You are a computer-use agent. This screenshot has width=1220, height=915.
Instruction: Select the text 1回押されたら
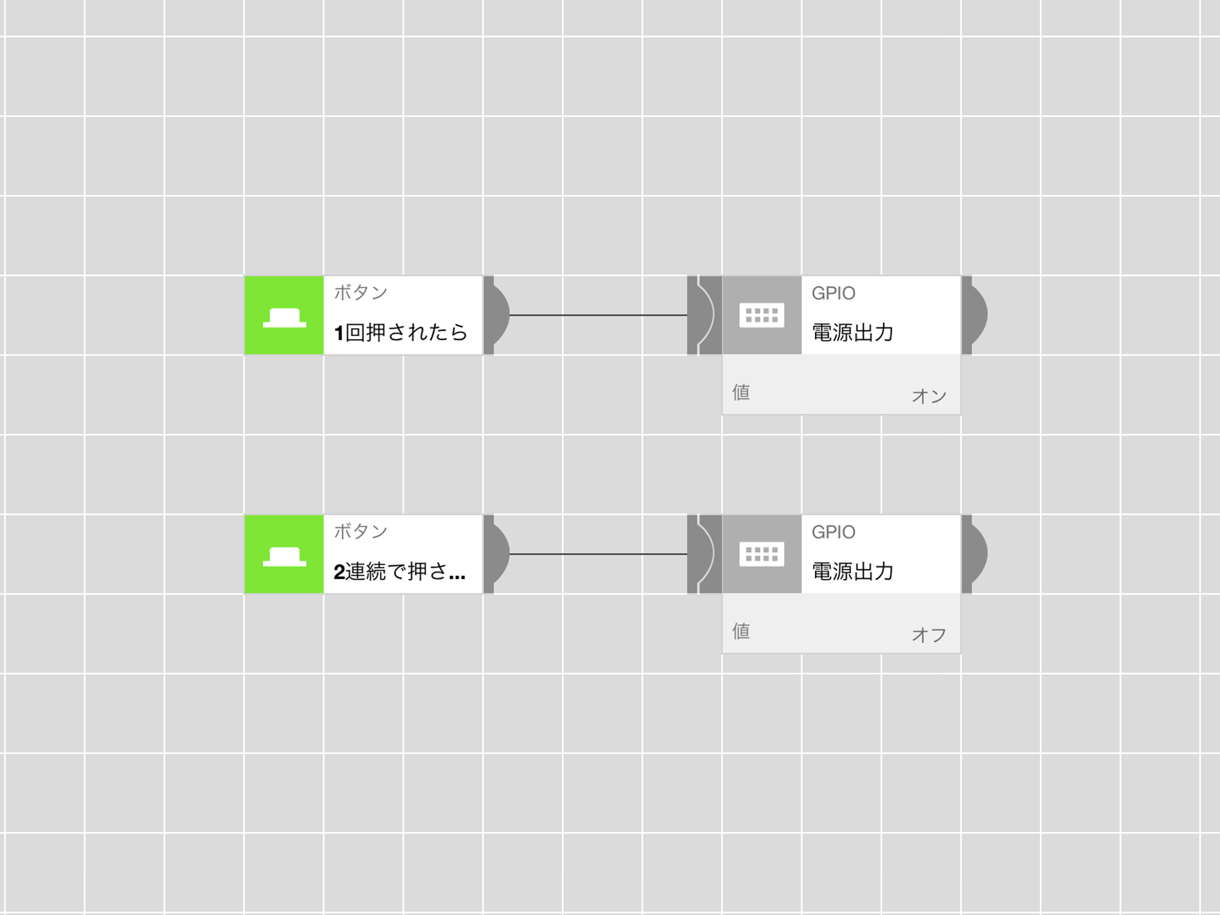coord(400,332)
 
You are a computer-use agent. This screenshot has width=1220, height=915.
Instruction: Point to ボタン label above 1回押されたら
coord(360,292)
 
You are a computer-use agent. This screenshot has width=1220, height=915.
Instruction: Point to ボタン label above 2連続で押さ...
coord(360,531)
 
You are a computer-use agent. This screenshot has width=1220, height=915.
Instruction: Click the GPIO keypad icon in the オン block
coord(762,315)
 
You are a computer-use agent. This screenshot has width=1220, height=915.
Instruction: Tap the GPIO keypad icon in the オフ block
coord(762,554)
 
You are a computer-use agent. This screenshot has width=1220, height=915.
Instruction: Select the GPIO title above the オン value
coord(833,293)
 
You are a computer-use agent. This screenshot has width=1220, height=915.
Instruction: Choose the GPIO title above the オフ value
coord(833,532)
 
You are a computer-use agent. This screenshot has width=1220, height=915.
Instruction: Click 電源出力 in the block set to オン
coord(852,332)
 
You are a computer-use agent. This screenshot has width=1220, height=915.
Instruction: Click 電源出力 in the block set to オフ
coord(852,571)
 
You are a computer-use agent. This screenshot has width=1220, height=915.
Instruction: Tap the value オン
coord(929,396)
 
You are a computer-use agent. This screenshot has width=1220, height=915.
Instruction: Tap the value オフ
coord(929,635)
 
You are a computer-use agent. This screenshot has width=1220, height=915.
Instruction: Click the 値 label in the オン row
coord(741,393)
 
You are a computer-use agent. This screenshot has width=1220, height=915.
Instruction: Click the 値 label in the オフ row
coord(741,631)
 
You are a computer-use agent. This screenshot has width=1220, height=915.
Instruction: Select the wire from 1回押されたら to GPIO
coord(599,315)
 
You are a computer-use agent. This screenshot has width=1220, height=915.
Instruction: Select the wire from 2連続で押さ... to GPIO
coord(599,554)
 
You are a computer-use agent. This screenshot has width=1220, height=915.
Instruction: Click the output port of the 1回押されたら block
coord(496,315)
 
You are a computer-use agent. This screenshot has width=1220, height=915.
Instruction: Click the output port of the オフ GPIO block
coord(975,554)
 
